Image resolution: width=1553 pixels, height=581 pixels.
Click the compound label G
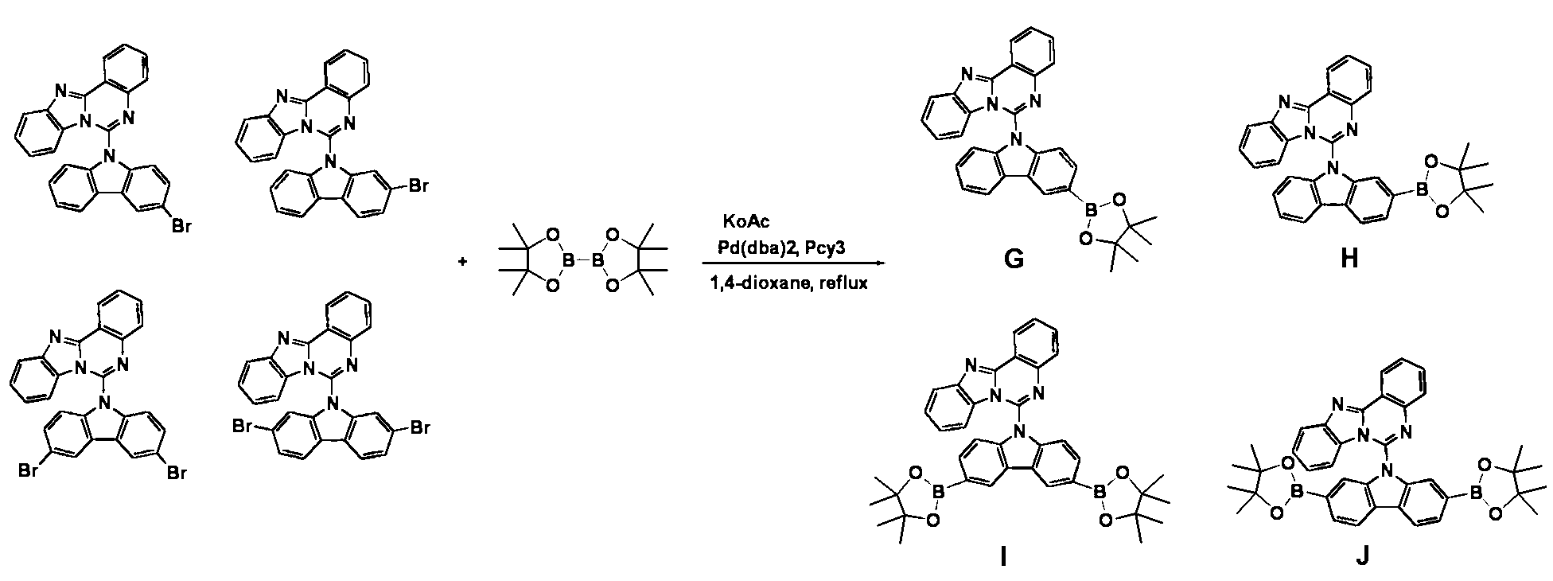pyautogui.click(x=1014, y=259)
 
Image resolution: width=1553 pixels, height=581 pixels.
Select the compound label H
pyautogui.click(x=1349, y=259)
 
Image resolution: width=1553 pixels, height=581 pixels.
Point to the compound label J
pyautogui.click(x=1362, y=556)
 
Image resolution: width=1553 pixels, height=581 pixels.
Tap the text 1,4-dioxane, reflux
pyautogui.click(x=788, y=282)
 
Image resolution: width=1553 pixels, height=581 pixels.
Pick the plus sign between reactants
pyautogui.click(x=462, y=263)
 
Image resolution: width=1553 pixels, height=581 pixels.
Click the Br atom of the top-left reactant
pyautogui.click(x=182, y=228)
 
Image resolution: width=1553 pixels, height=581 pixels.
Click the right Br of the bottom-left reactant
pyautogui.click(x=177, y=474)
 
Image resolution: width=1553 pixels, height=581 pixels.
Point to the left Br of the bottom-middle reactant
pyautogui.click(x=243, y=428)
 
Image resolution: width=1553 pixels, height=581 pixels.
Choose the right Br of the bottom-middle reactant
pyautogui.click(x=419, y=428)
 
